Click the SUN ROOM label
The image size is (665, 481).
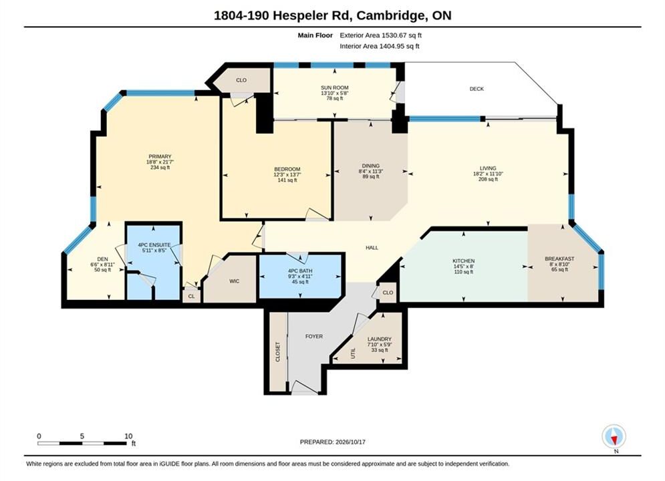(x=335, y=88)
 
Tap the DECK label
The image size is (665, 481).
(x=477, y=89)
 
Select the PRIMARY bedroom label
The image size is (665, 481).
(x=160, y=157)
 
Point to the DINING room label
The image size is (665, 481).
(x=371, y=166)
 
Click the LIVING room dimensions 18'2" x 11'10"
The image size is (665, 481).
(x=488, y=174)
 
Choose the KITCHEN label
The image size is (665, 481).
(x=464, y=261)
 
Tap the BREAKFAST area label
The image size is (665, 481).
(x=559, y=259)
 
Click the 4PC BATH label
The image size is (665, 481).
(x=300, y=271)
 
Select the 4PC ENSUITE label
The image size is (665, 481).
(x=154, y=245)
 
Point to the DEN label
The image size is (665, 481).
(x=103, y=259)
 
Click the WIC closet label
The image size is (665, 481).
(x=234, y=281)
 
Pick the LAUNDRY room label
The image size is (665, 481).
(x=380, y=339)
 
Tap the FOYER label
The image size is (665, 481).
(x=314, y=337)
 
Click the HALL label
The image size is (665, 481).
(x=372, y=248)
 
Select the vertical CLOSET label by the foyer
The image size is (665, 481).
(x=278, y=352)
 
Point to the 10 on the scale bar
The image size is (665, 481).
(x=128, y=436)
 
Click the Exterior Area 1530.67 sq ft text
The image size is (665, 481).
(x=380, y=35)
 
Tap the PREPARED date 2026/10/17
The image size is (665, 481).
(x=350, y=442)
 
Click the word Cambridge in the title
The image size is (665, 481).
(x=392, y=15)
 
